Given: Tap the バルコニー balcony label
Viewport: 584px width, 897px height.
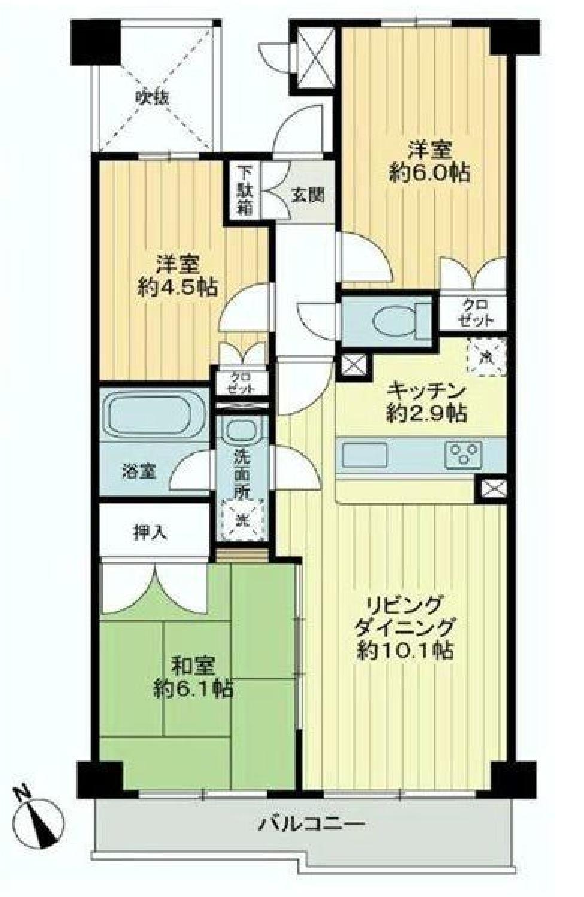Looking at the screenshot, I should tap(312, 825).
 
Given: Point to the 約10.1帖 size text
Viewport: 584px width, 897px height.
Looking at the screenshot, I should tap(404, 651).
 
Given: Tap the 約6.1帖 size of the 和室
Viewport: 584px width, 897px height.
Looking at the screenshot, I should tap(191, 689).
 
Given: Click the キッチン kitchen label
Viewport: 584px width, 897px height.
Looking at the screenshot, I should tap(426, 392).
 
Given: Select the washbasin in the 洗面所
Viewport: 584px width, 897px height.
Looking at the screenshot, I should tap(241, 430).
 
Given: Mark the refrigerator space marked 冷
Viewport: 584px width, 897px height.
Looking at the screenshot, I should tap(486, 357).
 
